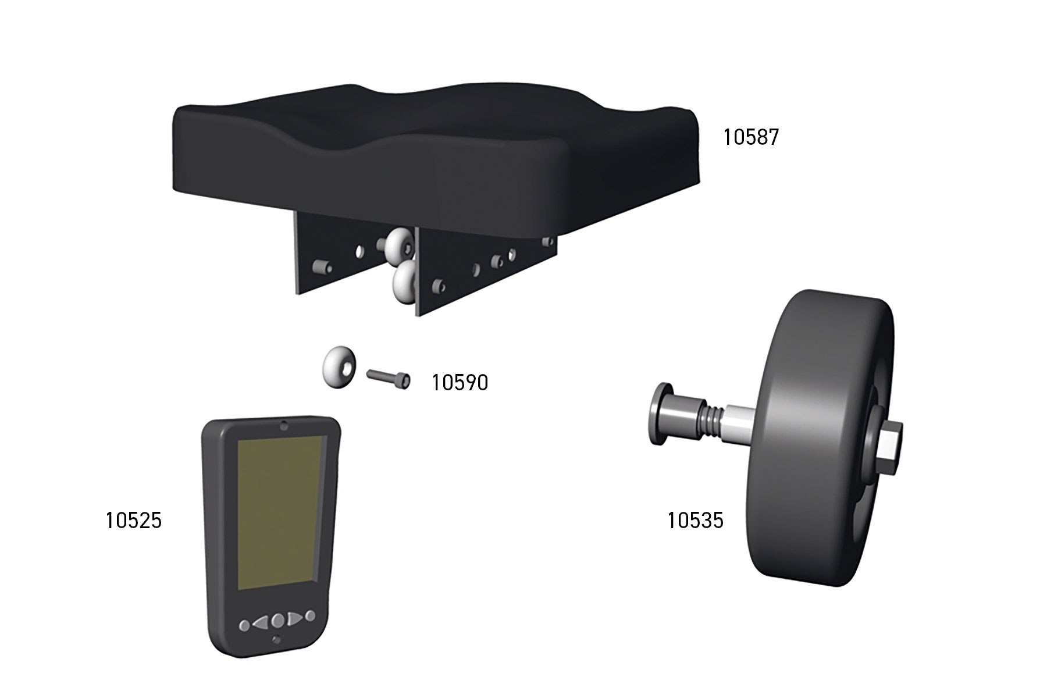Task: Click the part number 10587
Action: [x=750, y=138]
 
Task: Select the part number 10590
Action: [x=460, y=383]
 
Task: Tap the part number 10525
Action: [x=133, y=520]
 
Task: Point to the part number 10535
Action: [x=695, y=520]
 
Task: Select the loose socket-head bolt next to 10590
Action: [x=389, y=379]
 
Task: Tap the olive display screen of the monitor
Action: [x=279, y=512]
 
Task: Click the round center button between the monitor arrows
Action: [x=278, y=620]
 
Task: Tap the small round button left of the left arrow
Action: [x=245, y=626]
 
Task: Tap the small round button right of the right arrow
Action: [x=311, y=615]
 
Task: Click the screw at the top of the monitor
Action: [x=283, y=425]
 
